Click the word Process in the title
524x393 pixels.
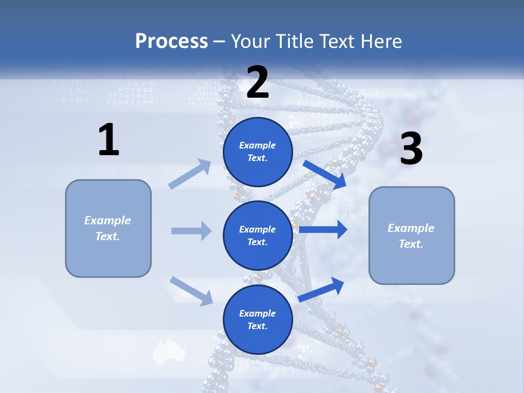(171, 41)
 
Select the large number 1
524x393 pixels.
(109, 140)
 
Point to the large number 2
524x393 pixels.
(258, 82)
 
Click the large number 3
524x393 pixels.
(411, 149)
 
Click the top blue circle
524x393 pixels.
(258, 152)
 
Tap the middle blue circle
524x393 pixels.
(258, 235)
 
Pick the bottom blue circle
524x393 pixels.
(258, 319)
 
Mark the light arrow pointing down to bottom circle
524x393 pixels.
(192, 290)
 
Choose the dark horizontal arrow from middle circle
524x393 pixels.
(323, 230)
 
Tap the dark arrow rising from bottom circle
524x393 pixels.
(321, 289)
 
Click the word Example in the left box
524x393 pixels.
(108, 221)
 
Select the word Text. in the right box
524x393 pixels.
(411, 244)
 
